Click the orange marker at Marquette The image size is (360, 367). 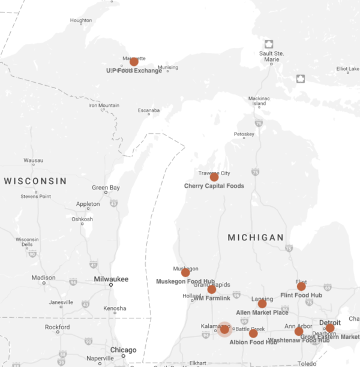(134, 61)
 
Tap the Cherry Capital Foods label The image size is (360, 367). (214, 186)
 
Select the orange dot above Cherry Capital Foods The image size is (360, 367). (214, 177)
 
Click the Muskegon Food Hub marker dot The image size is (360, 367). (185, 272)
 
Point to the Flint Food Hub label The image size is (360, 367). (301, 295)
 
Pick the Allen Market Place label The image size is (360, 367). (262, 312)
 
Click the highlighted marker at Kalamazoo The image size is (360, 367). (224, 329)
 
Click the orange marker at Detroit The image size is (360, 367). (329, 328)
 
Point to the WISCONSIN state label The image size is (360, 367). (35, 181)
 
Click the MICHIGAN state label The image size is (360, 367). (256, 238)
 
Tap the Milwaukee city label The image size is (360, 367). (111, 279)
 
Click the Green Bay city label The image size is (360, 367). (106, 188)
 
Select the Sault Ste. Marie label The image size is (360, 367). (271, 56)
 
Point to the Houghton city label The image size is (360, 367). (81, 20)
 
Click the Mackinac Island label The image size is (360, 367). (259, 100)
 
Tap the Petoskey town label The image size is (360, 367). (244, 134)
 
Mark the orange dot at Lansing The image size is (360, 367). (262, 304)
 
